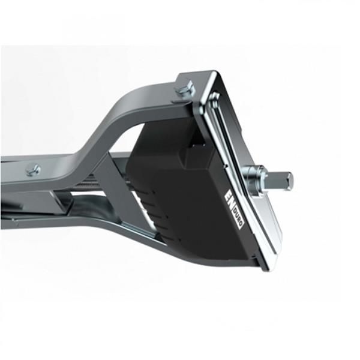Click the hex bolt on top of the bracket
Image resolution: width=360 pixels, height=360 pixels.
[x=184, y=90]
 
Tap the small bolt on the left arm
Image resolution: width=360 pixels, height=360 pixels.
[x=33, y=170]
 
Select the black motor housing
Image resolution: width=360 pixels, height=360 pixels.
[x=180, y=192]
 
